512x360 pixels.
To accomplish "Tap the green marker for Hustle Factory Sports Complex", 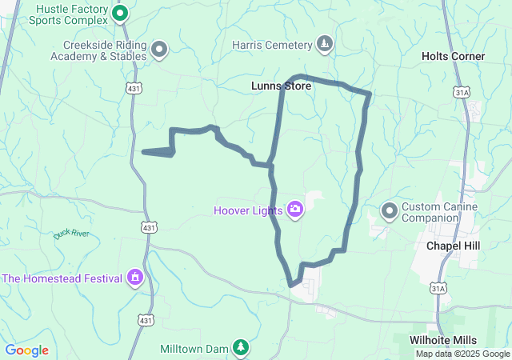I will click(120, 13).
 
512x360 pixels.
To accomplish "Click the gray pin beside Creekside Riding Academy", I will click(159, 50).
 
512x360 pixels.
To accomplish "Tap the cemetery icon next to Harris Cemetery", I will click(325, 43).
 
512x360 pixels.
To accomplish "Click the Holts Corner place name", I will click(453, 56).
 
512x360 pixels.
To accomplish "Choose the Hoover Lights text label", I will click(248, 210).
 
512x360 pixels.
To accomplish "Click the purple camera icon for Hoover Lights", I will click(295, 210).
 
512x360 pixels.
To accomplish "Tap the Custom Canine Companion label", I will click(439, 212).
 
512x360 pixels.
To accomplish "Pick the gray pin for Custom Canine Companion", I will click(390, 211).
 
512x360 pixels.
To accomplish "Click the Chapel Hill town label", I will click(453, 246).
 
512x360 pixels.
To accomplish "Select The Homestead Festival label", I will click(62, 278).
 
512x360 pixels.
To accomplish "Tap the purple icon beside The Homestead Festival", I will click(135, 278).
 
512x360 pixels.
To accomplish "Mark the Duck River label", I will click(71, 234).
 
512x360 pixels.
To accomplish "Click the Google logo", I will click(26, 350).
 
